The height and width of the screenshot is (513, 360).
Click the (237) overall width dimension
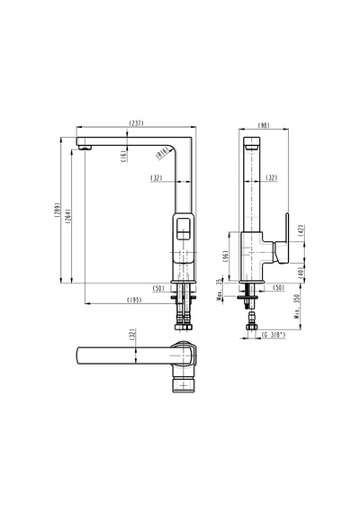click(137, 123)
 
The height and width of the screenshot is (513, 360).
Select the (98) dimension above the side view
click(264, 125)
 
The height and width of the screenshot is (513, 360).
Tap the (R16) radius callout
click(162, 153)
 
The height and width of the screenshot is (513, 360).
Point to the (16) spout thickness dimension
click(123, 157)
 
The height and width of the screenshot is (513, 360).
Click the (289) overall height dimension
click(58, 210)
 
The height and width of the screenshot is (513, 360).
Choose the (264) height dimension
click(68, 216)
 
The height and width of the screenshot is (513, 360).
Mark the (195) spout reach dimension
click(134, 300)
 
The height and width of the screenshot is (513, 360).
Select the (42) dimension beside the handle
click(301, 230)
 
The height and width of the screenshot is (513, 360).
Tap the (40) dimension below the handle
click(301, 272)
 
